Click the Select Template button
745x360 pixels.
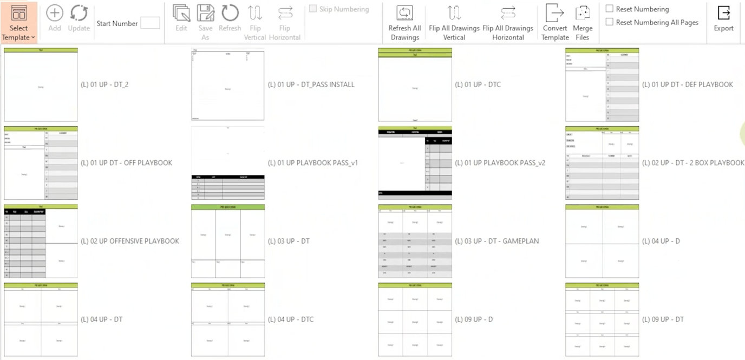point(18,23)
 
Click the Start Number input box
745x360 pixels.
point(150,23)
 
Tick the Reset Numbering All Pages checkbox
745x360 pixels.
point(610,22)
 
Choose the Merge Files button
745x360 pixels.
point(583,23)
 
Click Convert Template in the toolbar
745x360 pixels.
point(555,23)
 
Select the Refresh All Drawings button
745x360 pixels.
point(404,23)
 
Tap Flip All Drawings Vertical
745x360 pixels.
point(454,23)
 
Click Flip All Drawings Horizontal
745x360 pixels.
point(508,23)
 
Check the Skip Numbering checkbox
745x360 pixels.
point(313,9)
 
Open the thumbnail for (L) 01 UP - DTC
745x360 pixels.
point(415,84)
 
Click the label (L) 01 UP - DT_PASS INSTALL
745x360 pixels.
point(311,84)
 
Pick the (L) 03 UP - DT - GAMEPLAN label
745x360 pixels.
point(497,241)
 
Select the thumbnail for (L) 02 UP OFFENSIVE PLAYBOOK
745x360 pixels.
point(41,241)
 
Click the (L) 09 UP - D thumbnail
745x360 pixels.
point(415,319)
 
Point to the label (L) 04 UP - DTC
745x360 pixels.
point(291,319)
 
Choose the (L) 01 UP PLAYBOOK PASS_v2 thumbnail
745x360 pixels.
point(415,163)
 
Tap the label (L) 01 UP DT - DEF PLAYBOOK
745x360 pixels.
point(688,84)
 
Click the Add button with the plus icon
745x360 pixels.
point(55,18)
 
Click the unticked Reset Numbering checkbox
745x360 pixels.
point(610,9)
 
